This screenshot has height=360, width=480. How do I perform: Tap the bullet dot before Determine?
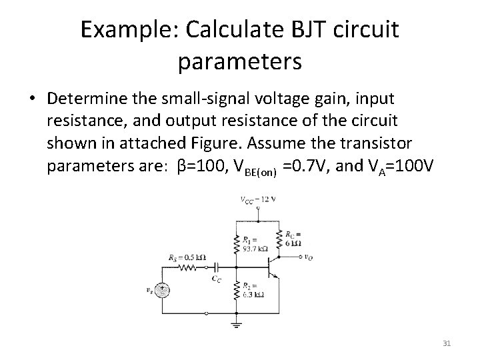coord(32,99)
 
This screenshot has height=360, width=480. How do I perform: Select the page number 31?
coord(447,343)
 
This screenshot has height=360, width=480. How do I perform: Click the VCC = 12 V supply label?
coord(258,199)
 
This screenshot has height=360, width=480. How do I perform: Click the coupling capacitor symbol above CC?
coord(215,266)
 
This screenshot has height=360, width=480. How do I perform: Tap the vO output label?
coord(309,257)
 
